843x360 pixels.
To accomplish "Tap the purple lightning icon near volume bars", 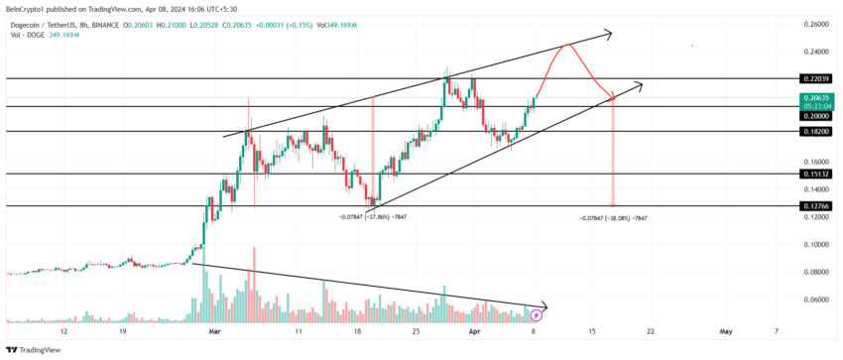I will point(537,314).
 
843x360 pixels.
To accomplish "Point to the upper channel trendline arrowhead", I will point(606,35).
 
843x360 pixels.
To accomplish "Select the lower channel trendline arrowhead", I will point(637,85).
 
